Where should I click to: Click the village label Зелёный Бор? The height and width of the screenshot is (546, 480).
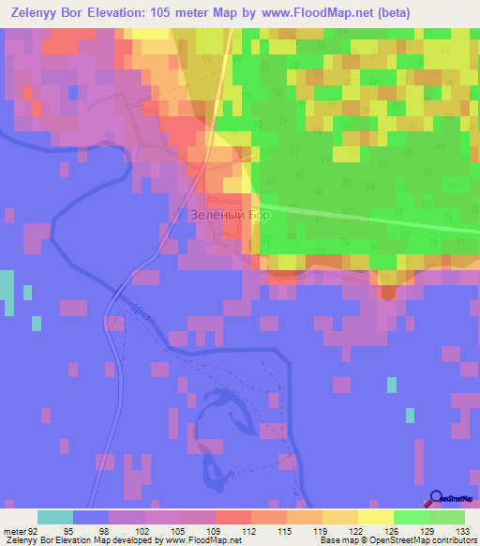click(x=230, y=215)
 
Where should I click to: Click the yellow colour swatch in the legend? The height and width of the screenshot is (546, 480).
click(x=375, y=517)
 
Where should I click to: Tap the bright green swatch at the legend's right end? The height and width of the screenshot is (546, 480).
click(x=447, y=517)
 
